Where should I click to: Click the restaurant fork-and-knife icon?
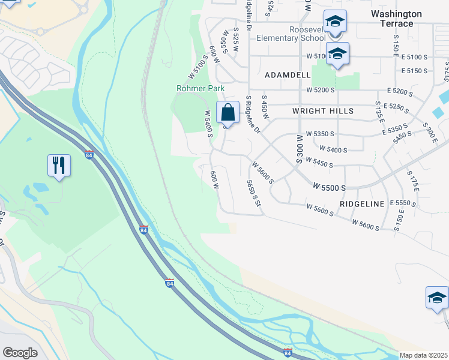(x=59, y=165)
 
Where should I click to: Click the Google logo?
(x=20, y=353)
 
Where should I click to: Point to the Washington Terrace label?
(x=400, y=19)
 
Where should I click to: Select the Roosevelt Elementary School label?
(x=291, y=34)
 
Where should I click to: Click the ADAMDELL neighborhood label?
(x=288, y=76)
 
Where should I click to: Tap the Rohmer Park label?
(x=200, y=88)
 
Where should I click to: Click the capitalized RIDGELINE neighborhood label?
(x=361, y=204)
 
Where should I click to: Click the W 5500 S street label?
(x=330, y=187)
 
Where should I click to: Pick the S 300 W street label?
(x=299, y=149)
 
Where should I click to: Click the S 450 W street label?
(x=264, y=106)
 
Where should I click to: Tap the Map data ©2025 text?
(x=424, y=355)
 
